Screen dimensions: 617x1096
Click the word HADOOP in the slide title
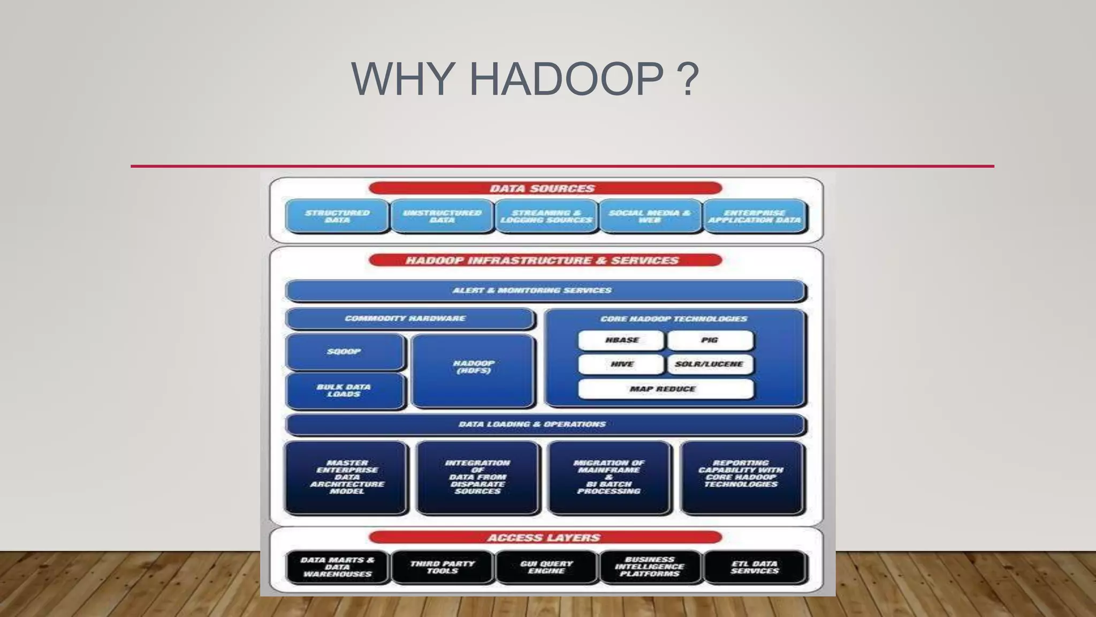pos(566,79)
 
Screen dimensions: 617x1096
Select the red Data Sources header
pos(545,189)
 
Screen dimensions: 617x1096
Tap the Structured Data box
pos(337,216)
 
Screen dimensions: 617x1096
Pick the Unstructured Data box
pos(442,216)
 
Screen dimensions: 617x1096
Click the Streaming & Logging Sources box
pos(546,216)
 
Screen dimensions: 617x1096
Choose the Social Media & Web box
pos(650,216)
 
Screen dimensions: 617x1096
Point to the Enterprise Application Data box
pos(755,216)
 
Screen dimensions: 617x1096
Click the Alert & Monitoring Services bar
pos(545,291)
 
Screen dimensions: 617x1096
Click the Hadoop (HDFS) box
pos(474,370)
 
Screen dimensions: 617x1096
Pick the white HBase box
pos(621,340)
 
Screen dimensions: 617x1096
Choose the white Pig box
pos(710,340)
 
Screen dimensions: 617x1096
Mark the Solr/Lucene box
pos(710,364)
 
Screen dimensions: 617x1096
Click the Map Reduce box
pos(665,389)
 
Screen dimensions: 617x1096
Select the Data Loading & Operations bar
pos(545,425)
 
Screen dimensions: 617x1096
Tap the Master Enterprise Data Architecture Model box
pos(346,477)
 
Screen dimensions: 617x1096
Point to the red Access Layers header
pos(545,538)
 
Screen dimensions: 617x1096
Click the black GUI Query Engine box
pos(546,567)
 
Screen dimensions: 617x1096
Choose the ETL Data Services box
pos(755,567)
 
